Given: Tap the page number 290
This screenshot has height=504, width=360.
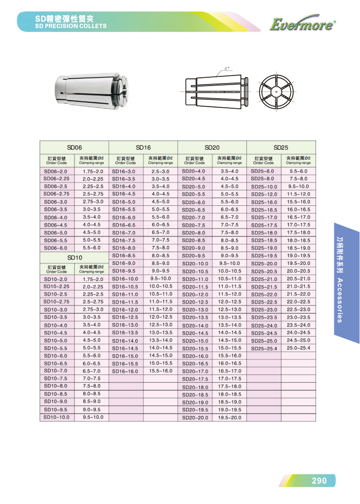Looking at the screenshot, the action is [x=319, y=480].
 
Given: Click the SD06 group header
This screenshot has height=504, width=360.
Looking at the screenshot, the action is [x=74, y=147].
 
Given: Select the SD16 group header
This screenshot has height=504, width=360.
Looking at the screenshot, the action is [x=144, y=147].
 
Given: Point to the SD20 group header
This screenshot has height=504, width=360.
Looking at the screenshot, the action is [x=212, y=147].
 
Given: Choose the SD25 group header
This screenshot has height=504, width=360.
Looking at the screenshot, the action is [x=281, y=147].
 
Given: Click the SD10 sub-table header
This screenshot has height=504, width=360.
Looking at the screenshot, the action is [x=74, y=258].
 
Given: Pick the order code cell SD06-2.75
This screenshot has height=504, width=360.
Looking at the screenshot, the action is [x=57, y=194].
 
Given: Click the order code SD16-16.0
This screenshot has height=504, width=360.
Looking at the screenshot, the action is [x=125, y=371].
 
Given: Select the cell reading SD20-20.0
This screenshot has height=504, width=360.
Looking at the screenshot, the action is [x=195, y=418].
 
